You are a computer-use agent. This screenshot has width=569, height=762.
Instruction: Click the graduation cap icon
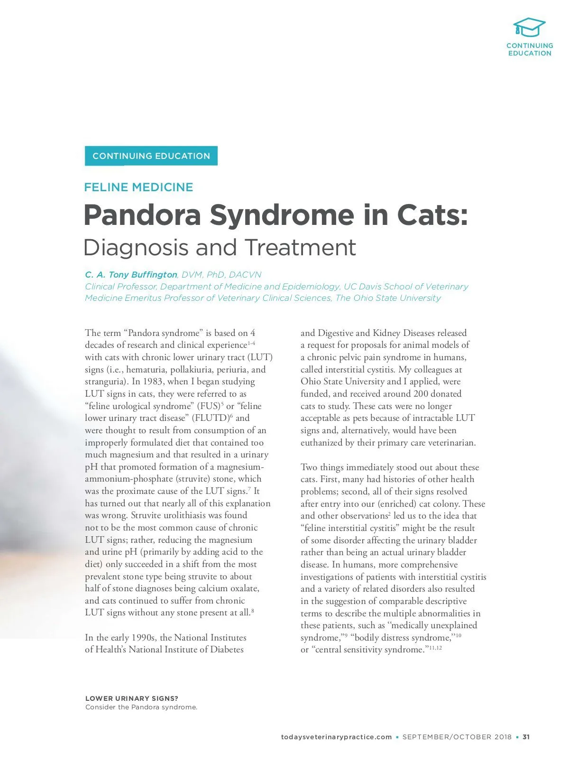coord(529,28)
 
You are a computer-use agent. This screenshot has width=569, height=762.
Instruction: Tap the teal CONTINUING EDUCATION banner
coord(151,156)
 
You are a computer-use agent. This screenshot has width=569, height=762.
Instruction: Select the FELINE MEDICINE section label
coord(138,187)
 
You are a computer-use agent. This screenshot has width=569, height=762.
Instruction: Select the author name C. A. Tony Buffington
coord(131,275)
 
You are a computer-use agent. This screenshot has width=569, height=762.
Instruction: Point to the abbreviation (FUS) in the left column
coord(206,406)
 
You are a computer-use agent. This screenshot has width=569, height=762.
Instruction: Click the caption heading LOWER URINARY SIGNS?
coord(132,698)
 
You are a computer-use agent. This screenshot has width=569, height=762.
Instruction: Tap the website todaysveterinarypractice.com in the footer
coord(336,737)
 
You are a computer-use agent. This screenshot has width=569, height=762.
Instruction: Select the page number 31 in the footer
coord(526,737)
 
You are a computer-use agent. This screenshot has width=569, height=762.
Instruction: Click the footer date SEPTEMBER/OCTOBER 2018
coord(457,737)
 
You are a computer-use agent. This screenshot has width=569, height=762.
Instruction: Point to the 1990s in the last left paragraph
coord(143,638)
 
